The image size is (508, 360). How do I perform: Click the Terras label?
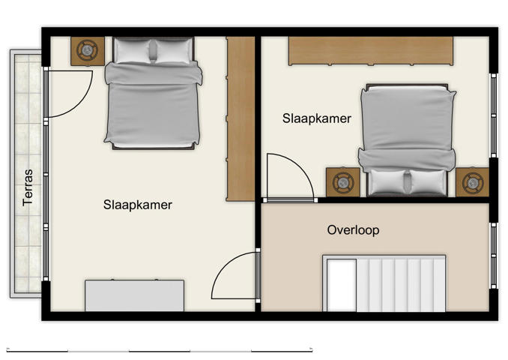[28, 187]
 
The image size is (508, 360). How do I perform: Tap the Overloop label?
[353, 229]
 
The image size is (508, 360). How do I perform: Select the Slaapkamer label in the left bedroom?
[138, 204]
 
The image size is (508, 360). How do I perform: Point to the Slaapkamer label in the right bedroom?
[317, 118]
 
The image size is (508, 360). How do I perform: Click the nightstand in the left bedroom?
[88, 51]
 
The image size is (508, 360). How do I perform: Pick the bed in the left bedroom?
[153, 94]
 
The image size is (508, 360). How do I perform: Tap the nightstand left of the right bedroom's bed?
[343, 182]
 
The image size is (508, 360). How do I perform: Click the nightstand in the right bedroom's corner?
[473, 182]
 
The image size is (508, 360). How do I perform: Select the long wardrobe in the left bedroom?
[241, 118]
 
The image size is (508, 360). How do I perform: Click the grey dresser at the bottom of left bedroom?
[134, 295]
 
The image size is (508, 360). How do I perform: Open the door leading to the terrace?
[67, 94]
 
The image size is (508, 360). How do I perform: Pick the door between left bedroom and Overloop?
[235, 275]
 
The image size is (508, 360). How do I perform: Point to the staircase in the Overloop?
[384, 283]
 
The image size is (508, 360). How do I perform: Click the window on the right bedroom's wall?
[493, 115]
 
